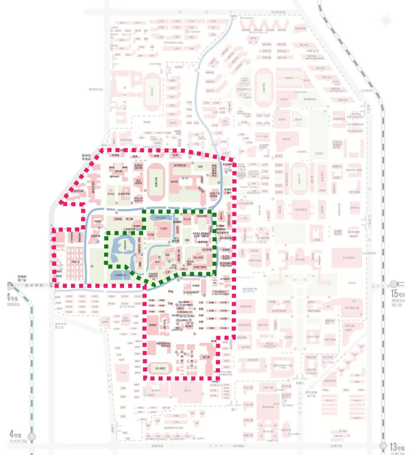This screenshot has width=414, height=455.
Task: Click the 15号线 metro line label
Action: coord(397,294)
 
